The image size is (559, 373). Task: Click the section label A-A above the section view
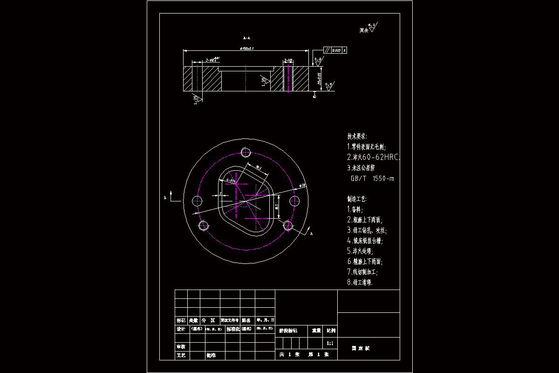[x=247, y=38]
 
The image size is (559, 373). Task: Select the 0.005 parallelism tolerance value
[x=337, y=50]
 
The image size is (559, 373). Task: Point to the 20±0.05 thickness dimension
[x=319, y=78]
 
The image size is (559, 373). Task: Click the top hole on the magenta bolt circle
[x=246, y=152]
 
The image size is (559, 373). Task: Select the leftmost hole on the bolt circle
[x=197, y=201]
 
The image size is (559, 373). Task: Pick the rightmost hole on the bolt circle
[x=294, y=201]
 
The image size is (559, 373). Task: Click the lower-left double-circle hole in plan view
[x=204, y=226]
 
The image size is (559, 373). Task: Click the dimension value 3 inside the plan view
[x=220, y=193]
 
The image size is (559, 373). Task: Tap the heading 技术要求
[x=357, y=137]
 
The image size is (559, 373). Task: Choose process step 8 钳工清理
[x=360, y=282]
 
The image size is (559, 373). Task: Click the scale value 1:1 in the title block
[x=330, y=344]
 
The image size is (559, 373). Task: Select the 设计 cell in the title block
[x=181, y=329]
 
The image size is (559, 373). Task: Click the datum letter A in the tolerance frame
[x=344, y=50]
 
